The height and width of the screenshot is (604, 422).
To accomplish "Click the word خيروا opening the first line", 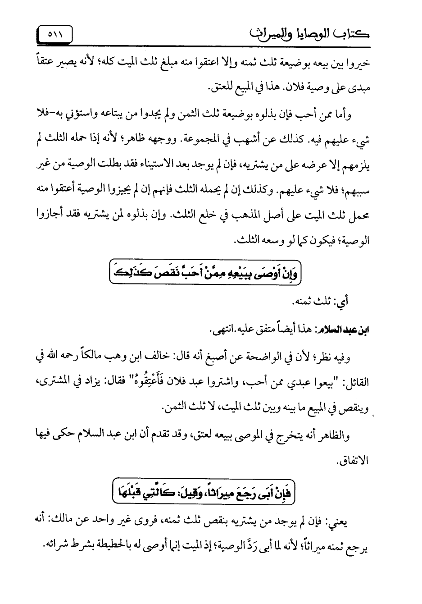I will tap(359, 64).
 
